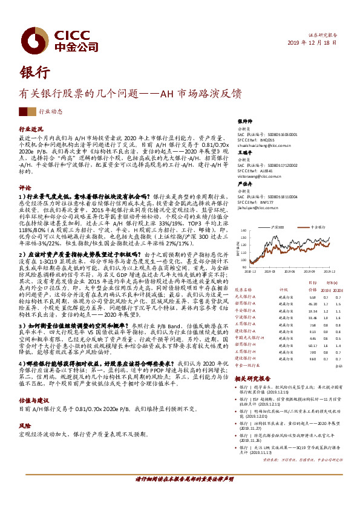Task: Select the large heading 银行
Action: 35,71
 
